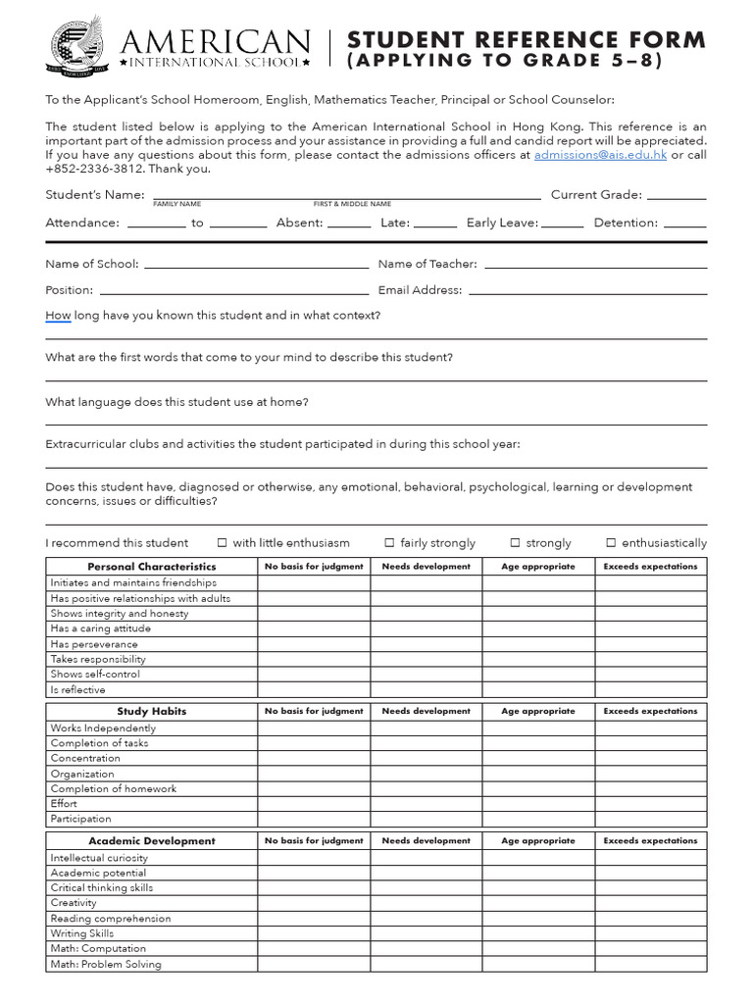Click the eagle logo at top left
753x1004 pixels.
tap(79, 44)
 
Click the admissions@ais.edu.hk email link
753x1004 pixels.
tap(599, 155)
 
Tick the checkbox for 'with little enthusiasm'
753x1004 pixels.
tap(222, 542)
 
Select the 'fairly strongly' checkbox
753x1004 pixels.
tap(389, 542)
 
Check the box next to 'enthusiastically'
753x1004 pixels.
tap(611, 542)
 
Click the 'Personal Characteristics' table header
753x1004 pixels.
tap(152, 567)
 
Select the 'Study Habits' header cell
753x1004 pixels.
tap(152, 711)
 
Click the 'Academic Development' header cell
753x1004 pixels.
tap(152, 840)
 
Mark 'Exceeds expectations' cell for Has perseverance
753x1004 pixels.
tap(650, 644)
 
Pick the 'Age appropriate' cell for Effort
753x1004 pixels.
tap(537, 804)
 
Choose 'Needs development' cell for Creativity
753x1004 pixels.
tap(426, 903)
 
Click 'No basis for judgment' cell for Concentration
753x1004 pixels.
tap(314, 758)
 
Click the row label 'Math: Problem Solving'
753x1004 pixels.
tap(106, 964)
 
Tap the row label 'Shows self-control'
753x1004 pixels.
tap(95, 675)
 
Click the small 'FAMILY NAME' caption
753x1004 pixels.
tap(176, 204)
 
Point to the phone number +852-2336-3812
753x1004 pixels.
tap(87, 169)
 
